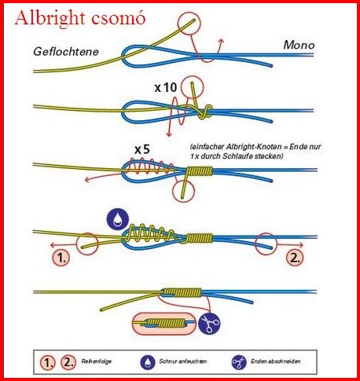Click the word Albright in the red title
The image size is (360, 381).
click(50, 19)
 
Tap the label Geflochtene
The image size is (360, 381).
click(66, 52)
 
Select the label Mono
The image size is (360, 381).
click(299, 45)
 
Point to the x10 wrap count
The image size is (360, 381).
click(166, 88)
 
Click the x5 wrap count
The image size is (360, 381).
click(142, 149)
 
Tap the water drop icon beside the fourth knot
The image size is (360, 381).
click(118, 219)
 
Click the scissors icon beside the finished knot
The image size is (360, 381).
click(209, 324)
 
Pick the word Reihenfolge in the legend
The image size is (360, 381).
click(96, 361)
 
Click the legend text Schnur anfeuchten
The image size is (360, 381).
click(182, 361)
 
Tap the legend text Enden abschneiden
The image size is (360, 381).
click(276, 361)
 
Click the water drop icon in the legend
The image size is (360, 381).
click(148, 362)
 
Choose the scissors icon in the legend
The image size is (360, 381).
click(239, 362)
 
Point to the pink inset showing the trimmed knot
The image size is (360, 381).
click(164, 324)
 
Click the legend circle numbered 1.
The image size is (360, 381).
click(48, 362)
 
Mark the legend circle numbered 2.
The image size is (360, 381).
click(68, 362)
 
